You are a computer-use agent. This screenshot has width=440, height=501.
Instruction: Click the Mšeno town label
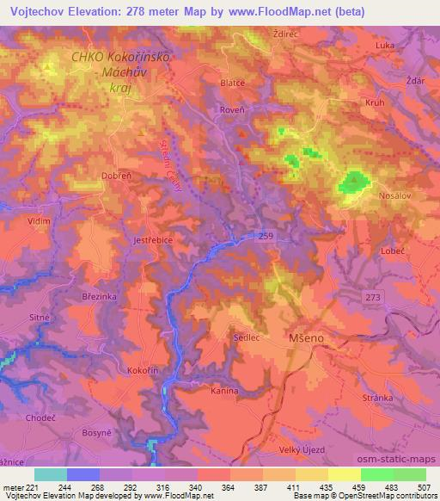tap(305, 339)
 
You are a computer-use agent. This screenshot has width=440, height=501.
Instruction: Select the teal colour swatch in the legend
tap(51, 474)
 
